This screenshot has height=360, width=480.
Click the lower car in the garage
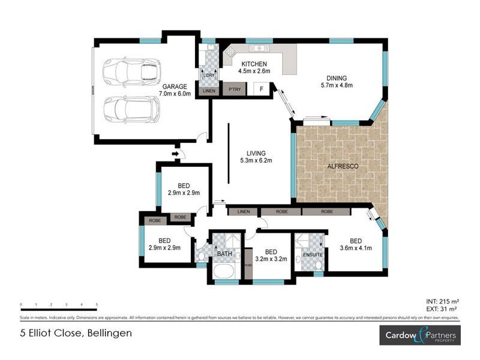[131, 109]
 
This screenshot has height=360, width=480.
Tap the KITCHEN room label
[253, 64]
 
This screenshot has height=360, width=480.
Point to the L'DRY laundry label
[208, 75]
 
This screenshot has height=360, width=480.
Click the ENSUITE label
[313, 255]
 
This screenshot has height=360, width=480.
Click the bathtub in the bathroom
[225, 274]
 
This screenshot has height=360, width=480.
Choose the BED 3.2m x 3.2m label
[271, 256]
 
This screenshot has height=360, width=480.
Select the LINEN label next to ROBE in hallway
[243, 212]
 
